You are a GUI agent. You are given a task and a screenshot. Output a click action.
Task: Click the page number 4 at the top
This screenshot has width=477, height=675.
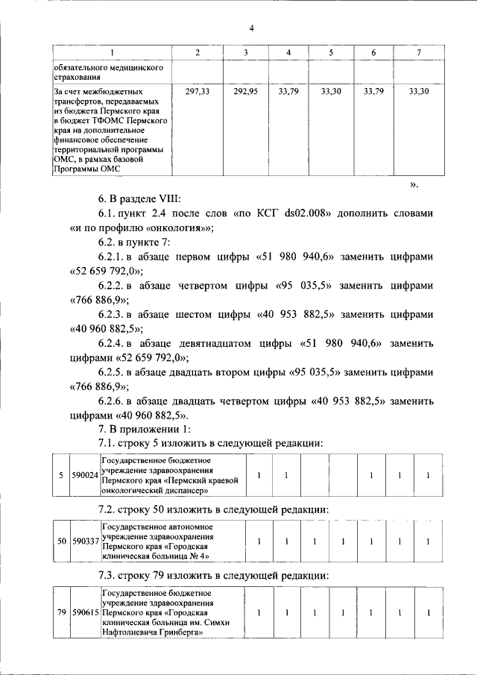pos(251,28)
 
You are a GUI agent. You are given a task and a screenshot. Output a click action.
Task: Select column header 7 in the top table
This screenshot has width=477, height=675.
pos(419,52)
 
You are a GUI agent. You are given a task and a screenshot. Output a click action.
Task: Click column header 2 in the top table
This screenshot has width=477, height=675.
pos(197,52)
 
